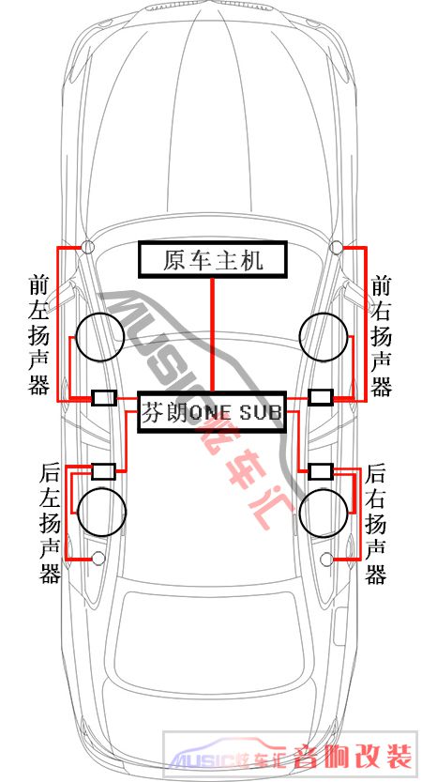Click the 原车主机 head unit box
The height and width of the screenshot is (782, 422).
pyautogui.click(x=213, y=259)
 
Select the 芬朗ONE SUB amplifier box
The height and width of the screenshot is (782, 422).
pyautogui.click(x=212, y=412)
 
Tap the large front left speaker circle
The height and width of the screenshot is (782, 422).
pyautogui.click(x=99, y=337)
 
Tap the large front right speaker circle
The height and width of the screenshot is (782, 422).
pyautogui.click(x=324, y=337)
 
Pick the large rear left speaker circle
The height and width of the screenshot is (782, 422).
pyautogui.click(x=101, y=512)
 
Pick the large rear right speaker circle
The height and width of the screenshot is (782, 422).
pyautogui.click(x=324, y=513)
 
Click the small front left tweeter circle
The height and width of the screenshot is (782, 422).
pyautogui.click(x=88, y=246)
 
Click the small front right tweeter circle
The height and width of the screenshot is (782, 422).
pyautogui.click(x=337, y=246)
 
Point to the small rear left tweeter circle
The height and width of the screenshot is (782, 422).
pyautogui.click(x=98, y=559)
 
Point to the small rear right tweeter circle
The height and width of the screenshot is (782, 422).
pyautogui.click(x=327, y=560)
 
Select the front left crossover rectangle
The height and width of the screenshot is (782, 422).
pyautogui.click(x=104, y=397)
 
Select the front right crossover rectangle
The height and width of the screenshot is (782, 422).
pyautogui.click(x=321, y=397)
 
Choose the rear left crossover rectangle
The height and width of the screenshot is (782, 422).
pyautogui.click(x=104, y=471)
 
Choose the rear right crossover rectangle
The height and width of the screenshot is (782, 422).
pyautogui.click(x=321, y=471)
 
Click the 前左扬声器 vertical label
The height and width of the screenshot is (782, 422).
pyautogui.click(x=39, y=335)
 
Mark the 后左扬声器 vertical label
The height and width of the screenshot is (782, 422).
pyautogui.click(x=50, y=524)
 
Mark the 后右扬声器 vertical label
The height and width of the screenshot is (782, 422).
pyautogui.click(x=376, y=524)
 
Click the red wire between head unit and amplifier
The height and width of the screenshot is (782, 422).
pyautogui.click(x=213, y=334)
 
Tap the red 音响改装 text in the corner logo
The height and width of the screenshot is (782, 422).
pyautogui.click(x=354, y=757)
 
